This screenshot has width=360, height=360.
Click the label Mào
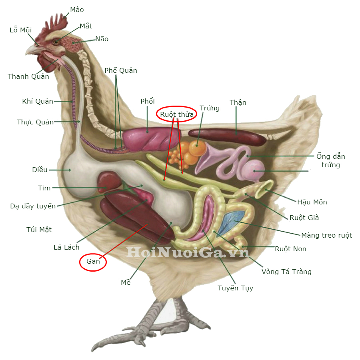click(77, 10)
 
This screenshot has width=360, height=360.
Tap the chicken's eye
click(56, 41)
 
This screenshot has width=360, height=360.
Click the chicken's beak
click(32, 50)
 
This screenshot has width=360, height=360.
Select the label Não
click(102, 39)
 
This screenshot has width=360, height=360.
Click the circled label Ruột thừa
click(177, 115)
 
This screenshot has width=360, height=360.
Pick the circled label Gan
click(93, 262)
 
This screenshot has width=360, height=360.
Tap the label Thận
click(238, 103)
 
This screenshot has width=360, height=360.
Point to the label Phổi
click(148, 101)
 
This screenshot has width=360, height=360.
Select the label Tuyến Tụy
click(235, 288)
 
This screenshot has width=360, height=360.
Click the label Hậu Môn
click(312, 202)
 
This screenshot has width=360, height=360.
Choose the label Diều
click(40, 170)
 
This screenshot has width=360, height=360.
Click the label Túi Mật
click(39, 230)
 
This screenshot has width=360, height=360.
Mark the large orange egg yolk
click(197, 148)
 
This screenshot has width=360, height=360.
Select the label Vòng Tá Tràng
click(286, 272)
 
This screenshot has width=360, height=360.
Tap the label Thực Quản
click(35, 122)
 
